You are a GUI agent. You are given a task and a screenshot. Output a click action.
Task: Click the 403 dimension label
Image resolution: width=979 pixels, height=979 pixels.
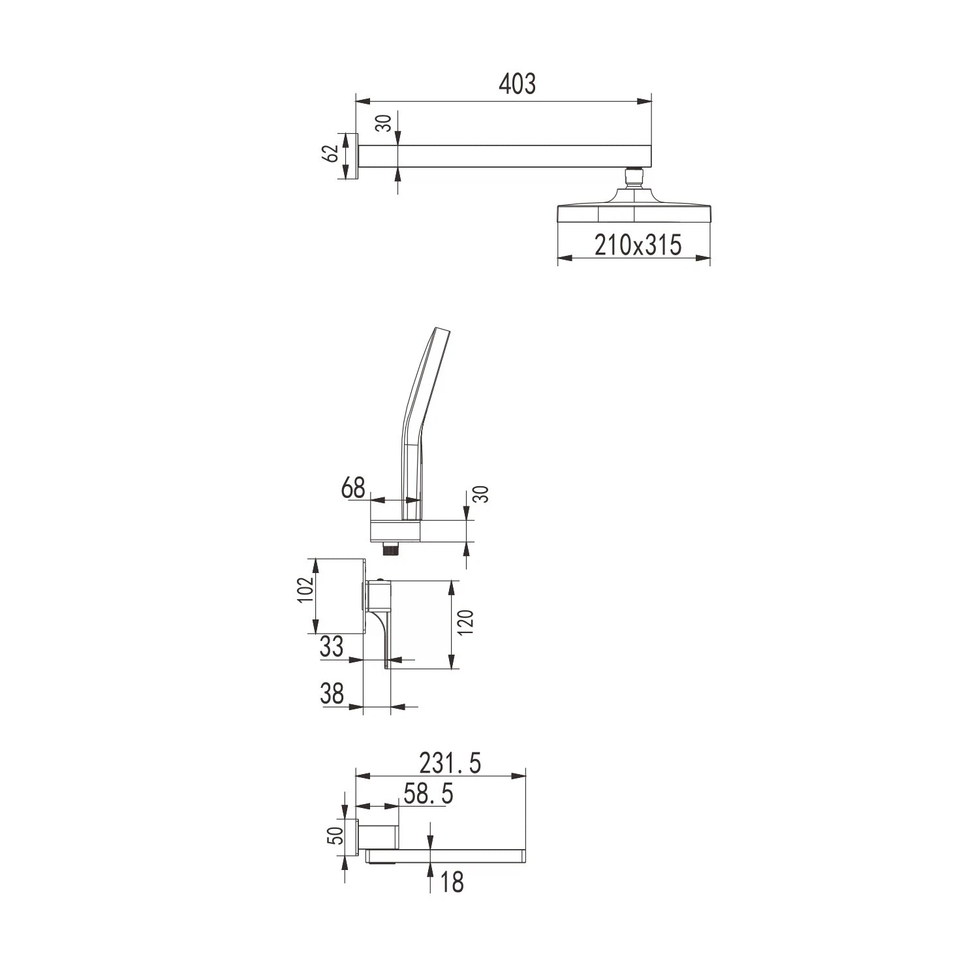(517, 84)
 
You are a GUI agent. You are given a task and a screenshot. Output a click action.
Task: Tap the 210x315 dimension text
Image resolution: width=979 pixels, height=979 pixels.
(638, 245)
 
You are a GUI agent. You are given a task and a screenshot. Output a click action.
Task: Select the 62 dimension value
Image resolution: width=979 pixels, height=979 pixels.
(332, 153)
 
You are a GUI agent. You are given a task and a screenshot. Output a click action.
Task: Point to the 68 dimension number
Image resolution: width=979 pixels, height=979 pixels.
(354, 488)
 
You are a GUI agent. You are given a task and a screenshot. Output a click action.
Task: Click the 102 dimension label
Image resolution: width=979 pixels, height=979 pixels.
(307, 590)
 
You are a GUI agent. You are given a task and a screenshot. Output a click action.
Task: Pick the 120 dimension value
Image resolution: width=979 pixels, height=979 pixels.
(466, 622)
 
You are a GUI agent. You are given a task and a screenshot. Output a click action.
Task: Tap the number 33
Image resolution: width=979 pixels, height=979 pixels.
(332, 646)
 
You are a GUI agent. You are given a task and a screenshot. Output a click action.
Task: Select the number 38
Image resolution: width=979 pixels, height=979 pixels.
(332, 693)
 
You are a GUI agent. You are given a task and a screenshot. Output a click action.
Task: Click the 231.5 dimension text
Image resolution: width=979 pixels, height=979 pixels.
(450, 762)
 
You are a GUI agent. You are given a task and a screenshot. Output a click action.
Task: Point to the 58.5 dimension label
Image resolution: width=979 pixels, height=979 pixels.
(428, 794)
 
